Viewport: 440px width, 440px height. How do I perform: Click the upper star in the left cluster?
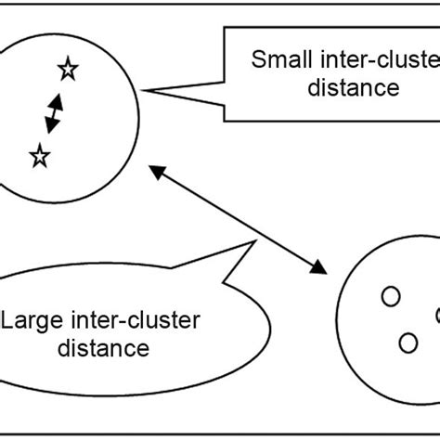click(x=67, y=69)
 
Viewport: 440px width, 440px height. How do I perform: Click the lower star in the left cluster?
click(x=39, y=156)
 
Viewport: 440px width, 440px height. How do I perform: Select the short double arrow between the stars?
click(x=53, y=112)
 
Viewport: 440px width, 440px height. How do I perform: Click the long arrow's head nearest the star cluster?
click(x=156, y=171)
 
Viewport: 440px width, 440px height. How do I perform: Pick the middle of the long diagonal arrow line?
click(x=237, y=219)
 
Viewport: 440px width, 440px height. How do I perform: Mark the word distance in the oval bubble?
click(x=104, y=349)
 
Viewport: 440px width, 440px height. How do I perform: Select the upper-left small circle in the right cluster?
click(x=391, y=297)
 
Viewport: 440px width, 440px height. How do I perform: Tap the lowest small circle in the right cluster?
click(x=408, y=343)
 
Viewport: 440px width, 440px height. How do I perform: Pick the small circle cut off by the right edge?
click(x=436, y=315)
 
